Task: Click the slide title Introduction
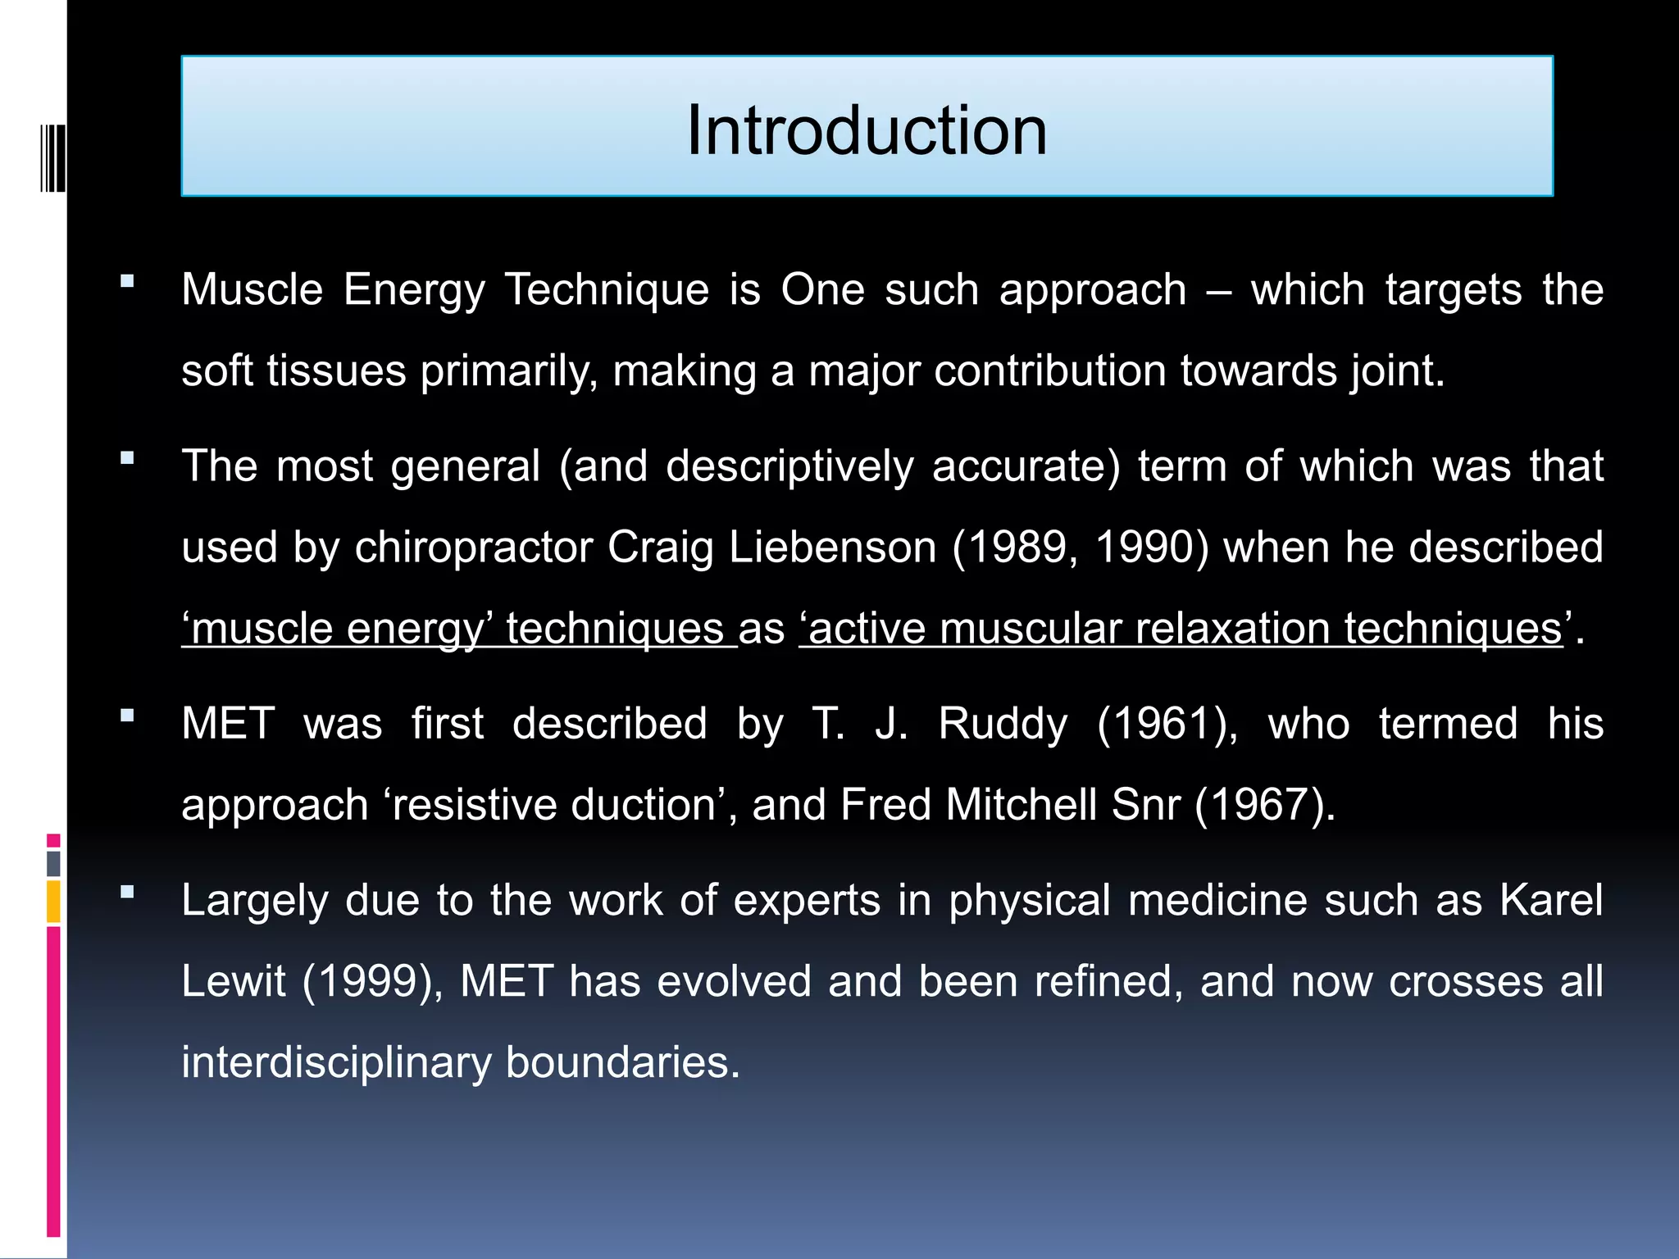[x=867, y=131]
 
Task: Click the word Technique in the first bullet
[x=607, y=290]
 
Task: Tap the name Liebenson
[x=832, y=548]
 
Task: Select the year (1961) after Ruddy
[x=1167, y=725]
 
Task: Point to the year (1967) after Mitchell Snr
[x=1264, y=805]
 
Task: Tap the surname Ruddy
[x=1003, y=725]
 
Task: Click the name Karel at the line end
[x=1551, y=901]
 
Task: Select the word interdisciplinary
[x=334, y=1063]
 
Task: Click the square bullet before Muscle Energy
[x=127, y=282]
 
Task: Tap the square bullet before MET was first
[x=127, y=716]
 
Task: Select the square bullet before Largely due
[x=127, y=892]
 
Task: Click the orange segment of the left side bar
[x=53, y=902]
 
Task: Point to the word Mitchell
[x=1021, y=805]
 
